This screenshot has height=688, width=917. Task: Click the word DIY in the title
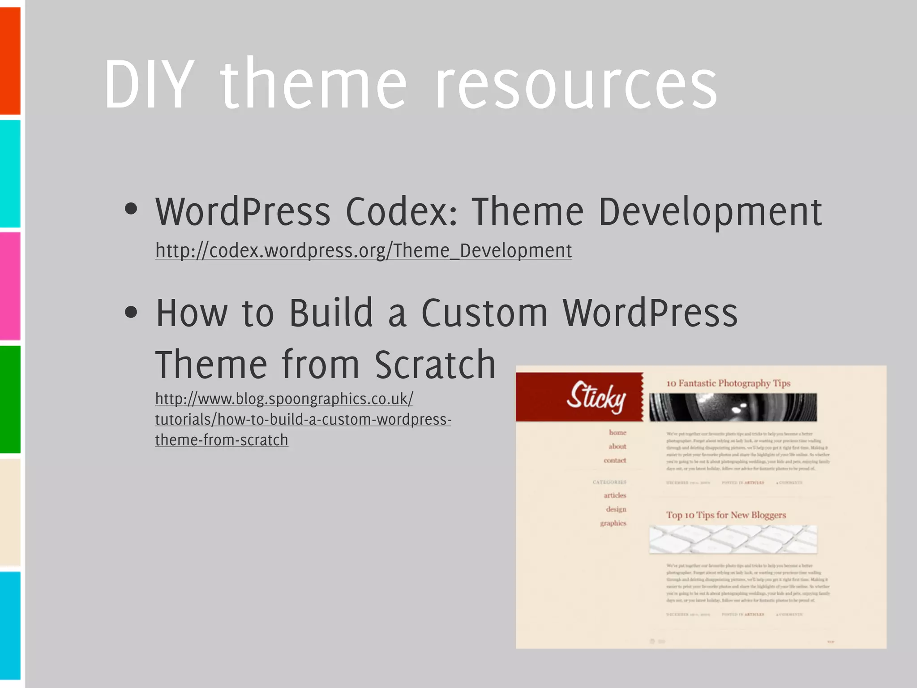tap(150, 84)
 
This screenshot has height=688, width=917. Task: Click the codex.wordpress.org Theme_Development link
tap(363, 250)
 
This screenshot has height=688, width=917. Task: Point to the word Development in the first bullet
tap(710, 212)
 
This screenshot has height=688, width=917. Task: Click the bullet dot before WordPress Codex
tap(131, 209)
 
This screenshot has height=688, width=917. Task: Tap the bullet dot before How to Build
tap(131, 312)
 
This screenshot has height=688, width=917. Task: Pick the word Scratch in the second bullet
tap(435, 365)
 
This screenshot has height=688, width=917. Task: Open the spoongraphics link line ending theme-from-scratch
tap(222, 440)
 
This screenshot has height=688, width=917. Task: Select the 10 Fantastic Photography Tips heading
tap(728, 383)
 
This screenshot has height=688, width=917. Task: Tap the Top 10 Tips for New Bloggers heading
tap(726, 515)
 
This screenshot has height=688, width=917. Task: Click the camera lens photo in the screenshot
tap(733, 407)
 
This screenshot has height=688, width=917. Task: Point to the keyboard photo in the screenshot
tap(733, 539)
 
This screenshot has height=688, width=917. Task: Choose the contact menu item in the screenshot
tap(615, 460)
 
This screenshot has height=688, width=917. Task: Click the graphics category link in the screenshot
tap(613, 523)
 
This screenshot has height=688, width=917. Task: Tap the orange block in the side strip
tap(10, 60)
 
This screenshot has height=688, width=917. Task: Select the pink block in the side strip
tap(10, 286)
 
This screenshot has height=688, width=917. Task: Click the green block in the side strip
tap(10, 399)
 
